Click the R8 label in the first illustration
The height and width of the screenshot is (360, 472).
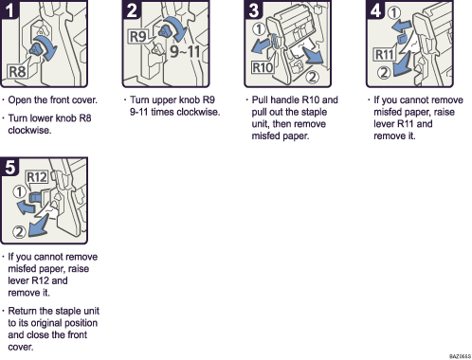17,70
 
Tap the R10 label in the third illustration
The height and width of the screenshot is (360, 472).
263,68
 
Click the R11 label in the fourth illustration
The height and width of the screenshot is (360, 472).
384,54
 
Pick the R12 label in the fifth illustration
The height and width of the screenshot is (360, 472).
37,176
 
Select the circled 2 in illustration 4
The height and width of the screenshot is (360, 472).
384,69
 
